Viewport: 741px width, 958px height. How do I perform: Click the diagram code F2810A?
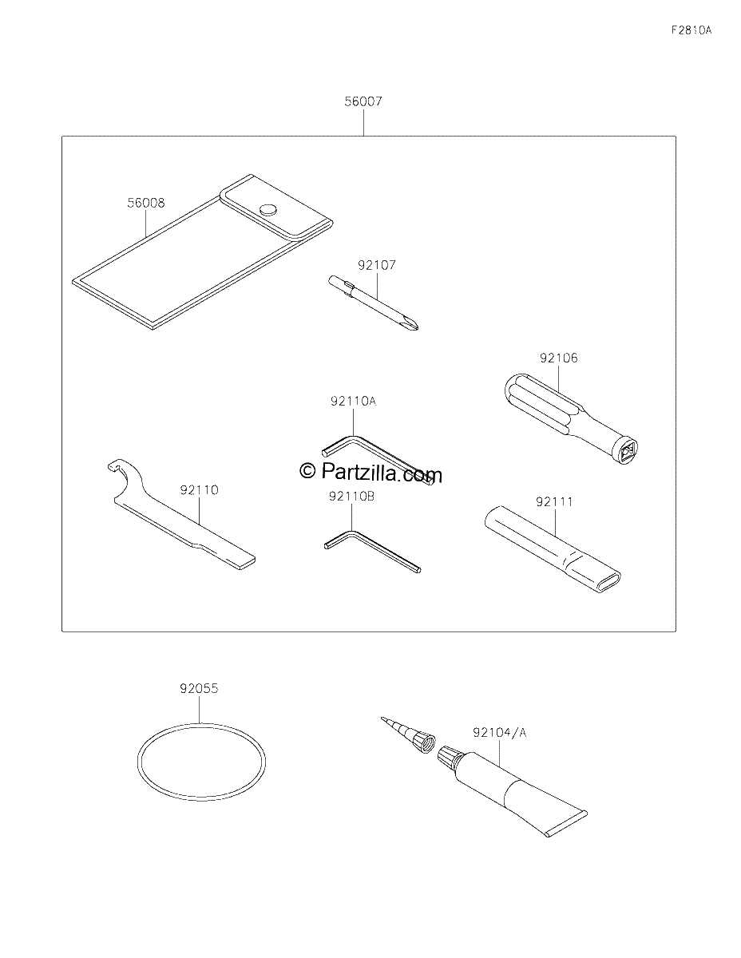(x=691, y=30)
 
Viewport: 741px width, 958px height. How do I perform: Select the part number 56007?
(x=363, y=101)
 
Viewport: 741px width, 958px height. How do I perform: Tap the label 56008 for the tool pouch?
(x=146, y=203)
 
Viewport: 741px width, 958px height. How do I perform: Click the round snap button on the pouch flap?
(x=268, y=209)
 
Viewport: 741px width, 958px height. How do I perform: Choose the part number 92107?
(x=377, y=265)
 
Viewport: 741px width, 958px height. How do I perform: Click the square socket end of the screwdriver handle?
(x=625, y=451)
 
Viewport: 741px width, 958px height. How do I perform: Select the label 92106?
(x=558, y=358)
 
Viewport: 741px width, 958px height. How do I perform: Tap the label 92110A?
(x=353, y=401)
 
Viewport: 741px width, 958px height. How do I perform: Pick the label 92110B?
(x=351, y=496)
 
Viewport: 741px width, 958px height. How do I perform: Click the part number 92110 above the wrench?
(x=200, y=490)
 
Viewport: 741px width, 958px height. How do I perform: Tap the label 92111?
(x=554, y=501)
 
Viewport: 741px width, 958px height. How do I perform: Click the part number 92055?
(x=199, y=688)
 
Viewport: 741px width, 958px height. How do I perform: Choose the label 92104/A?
(x=499, y=732)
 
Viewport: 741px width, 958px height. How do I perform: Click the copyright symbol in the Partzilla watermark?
(x=307, y=470)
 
